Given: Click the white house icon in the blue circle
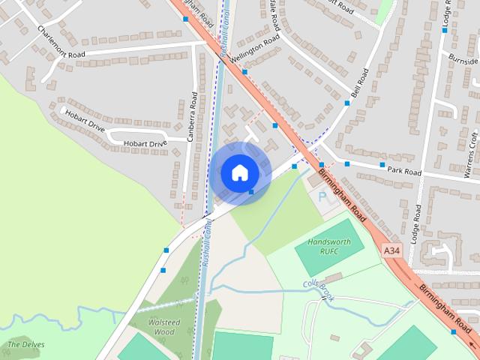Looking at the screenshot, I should click(x=239, y=172).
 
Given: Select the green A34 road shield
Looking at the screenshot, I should click(x=391, y=249).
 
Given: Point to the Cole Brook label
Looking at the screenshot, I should click(x=319, y=289).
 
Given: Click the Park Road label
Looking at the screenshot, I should click(x=404, y=172).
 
